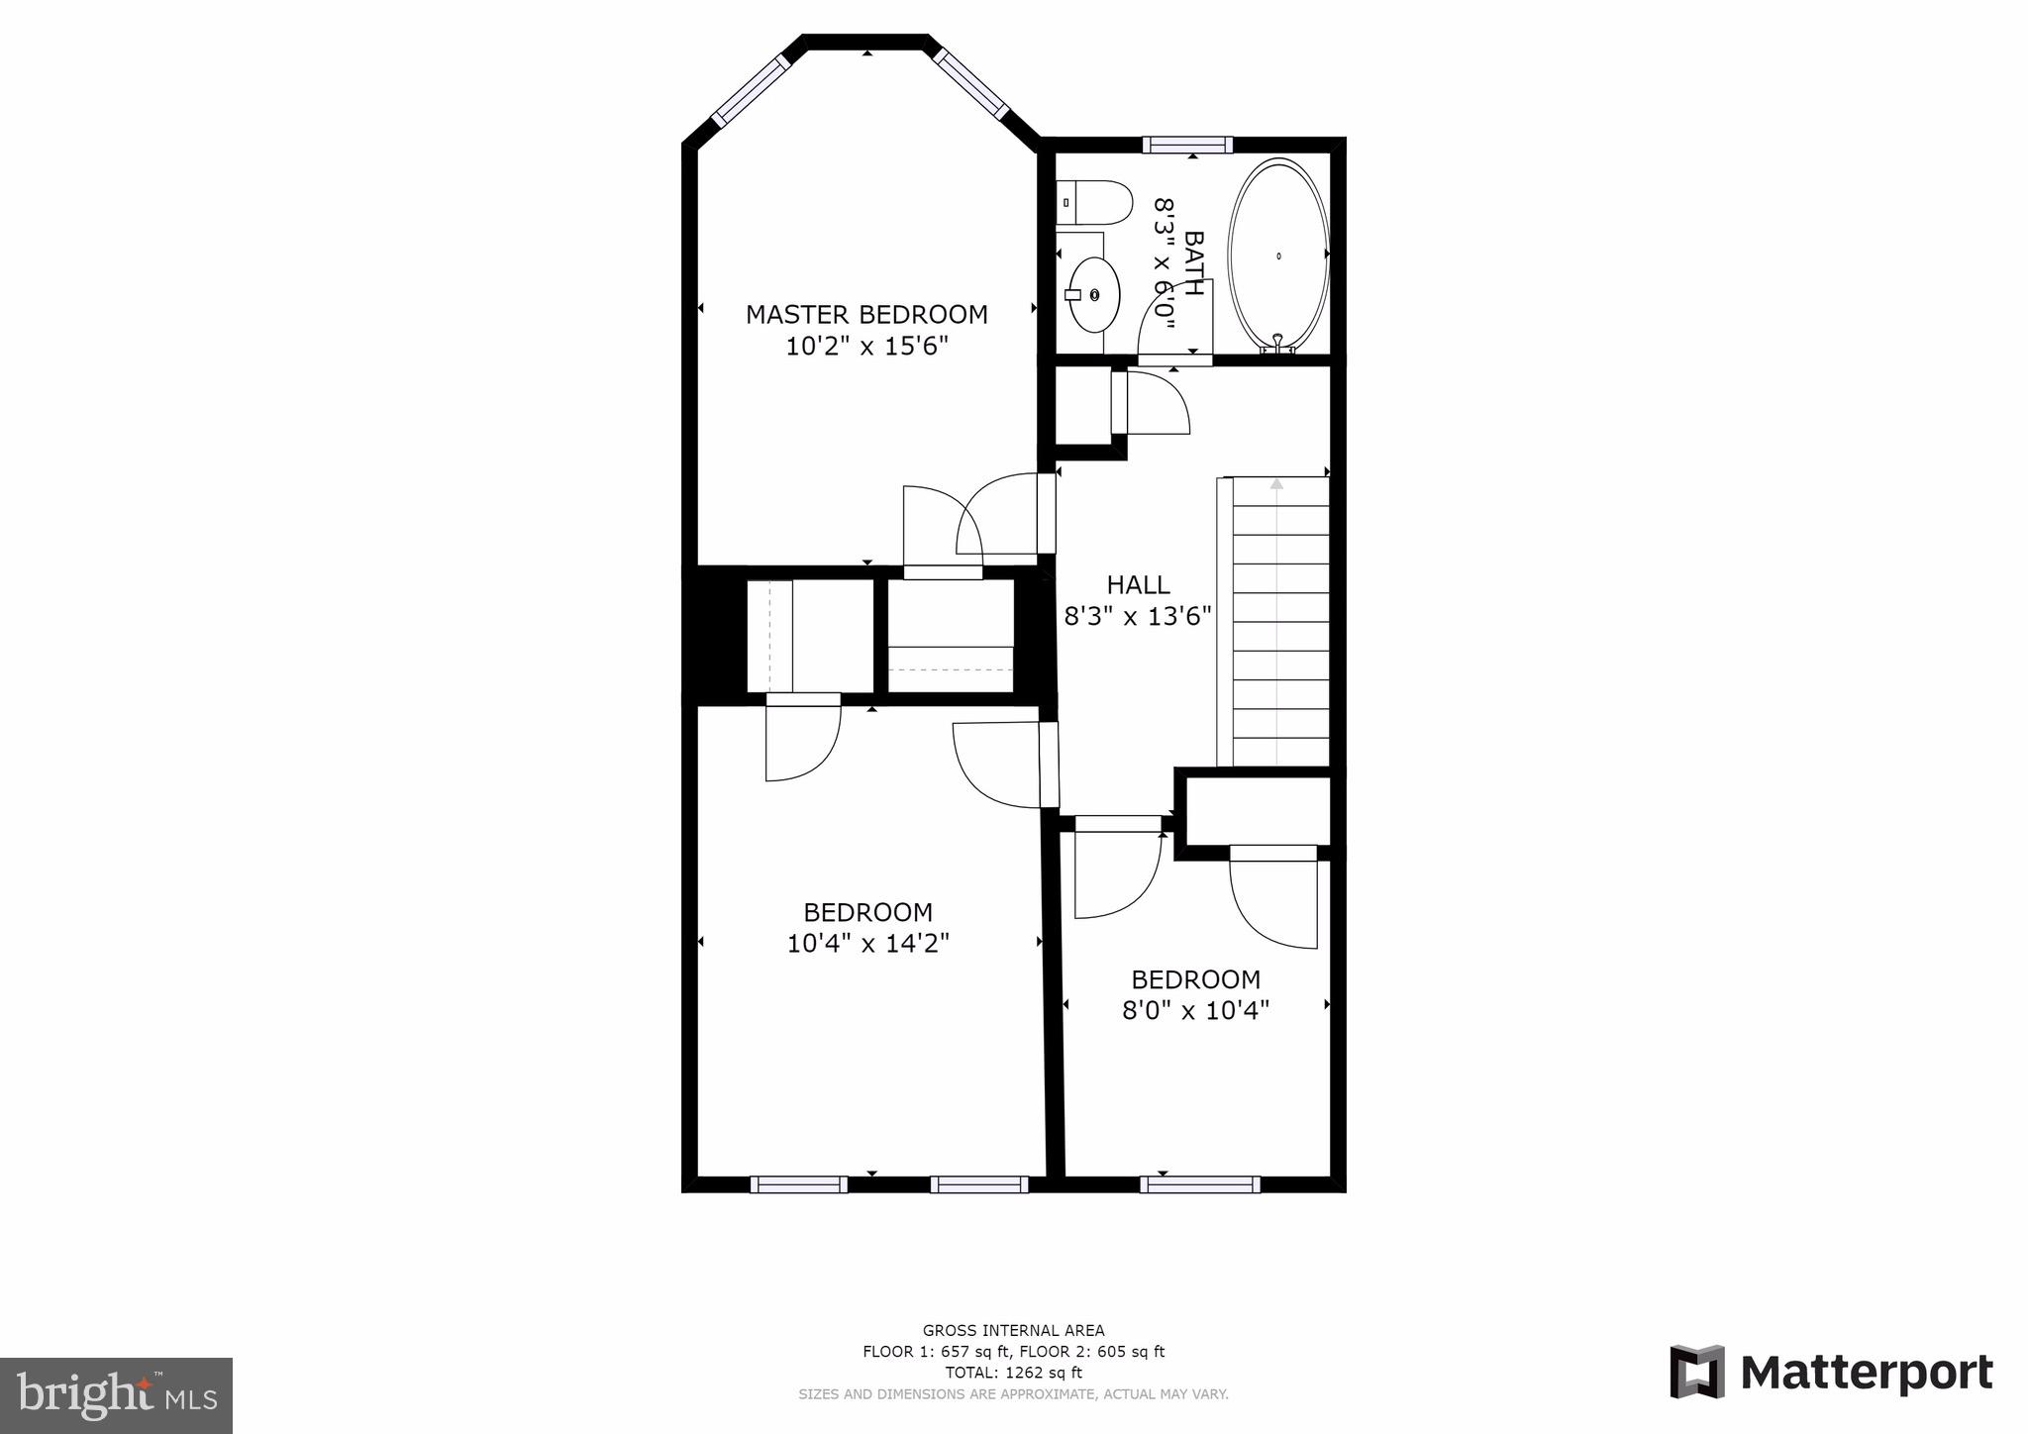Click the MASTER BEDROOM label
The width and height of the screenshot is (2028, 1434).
pyautogui.click(x=866, y=314)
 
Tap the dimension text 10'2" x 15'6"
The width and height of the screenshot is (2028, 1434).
pyautogui.click(x=866, y=347)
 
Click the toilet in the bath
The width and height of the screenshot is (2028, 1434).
pyautogui.click(x=1094, y=202)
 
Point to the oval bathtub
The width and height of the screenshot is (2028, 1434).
pyautogui.click(x=1278, y=255)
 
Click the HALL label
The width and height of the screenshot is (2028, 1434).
pyautogui.click(x=1138, y=584)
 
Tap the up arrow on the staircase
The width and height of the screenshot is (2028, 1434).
pyautogui.click(x=1276, y=484)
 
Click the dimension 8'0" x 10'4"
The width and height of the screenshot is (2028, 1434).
pyautogui.click(x=1195, y=1011)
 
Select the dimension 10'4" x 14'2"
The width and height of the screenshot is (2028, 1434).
pyautogui.click(x=867, y=944)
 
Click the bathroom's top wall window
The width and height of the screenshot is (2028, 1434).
pyautogui.click(x=1187, y=145)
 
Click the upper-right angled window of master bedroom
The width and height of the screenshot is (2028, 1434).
pyautogui.click(x=971, y=83)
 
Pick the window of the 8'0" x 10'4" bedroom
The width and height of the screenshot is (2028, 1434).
pyautogui.click(x=1199, y=1183)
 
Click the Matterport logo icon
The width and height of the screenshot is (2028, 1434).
pyautogui.click(x=1697, y=1372)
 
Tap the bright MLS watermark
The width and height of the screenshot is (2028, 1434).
pyautogui.click(x=116, y=1394)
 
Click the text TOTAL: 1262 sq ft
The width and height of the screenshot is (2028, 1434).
pyautogui.click(x=1013, y=1373)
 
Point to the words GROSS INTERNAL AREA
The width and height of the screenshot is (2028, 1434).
pyautogui.click(x=1013, y=1330)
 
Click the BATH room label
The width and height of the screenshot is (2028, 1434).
pyautogui.click(x=1194, y=263)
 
